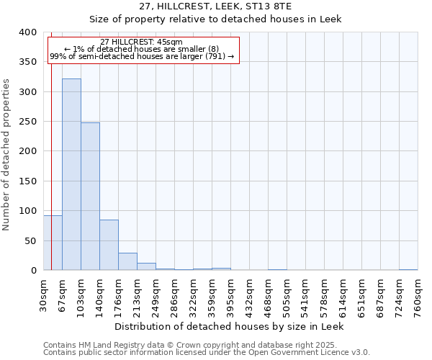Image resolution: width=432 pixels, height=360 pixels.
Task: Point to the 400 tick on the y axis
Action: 27,32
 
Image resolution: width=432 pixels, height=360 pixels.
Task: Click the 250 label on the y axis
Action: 27,122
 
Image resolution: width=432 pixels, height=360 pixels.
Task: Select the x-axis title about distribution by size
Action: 230,326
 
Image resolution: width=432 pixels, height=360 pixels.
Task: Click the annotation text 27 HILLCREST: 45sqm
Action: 142,42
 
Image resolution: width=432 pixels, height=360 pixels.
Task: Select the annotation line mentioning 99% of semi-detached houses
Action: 142,56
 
